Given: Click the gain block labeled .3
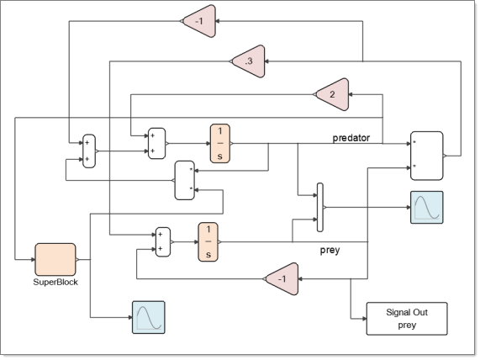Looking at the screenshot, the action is coord(250,61).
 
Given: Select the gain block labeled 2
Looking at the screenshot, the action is coord(334,94).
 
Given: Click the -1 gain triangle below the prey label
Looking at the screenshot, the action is coord(283,278).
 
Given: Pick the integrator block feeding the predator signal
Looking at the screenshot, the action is coord(219,143).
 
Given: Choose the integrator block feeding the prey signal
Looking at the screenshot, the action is coord(208,242).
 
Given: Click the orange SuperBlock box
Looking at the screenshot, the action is coord(55,260).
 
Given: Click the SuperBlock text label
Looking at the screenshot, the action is coord(55,282).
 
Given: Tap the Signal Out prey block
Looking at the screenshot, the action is coord(407,319).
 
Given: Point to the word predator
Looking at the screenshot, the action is coord(351,138).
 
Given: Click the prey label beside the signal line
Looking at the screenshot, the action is coord(330,251).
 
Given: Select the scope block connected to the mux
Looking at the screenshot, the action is coord(427,208).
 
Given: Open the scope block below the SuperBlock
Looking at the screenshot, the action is coord(149,317).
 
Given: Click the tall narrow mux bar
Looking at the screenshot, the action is coord(320,208).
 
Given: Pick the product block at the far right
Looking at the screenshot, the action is coord(427,156).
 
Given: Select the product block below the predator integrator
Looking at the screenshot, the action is coord(185,180).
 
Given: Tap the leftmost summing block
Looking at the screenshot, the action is coord(89,151).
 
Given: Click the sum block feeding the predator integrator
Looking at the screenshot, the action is coord(156,143).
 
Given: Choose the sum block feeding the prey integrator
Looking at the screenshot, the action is coord(163,242).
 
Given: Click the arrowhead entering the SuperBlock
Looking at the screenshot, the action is coord(33,260).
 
